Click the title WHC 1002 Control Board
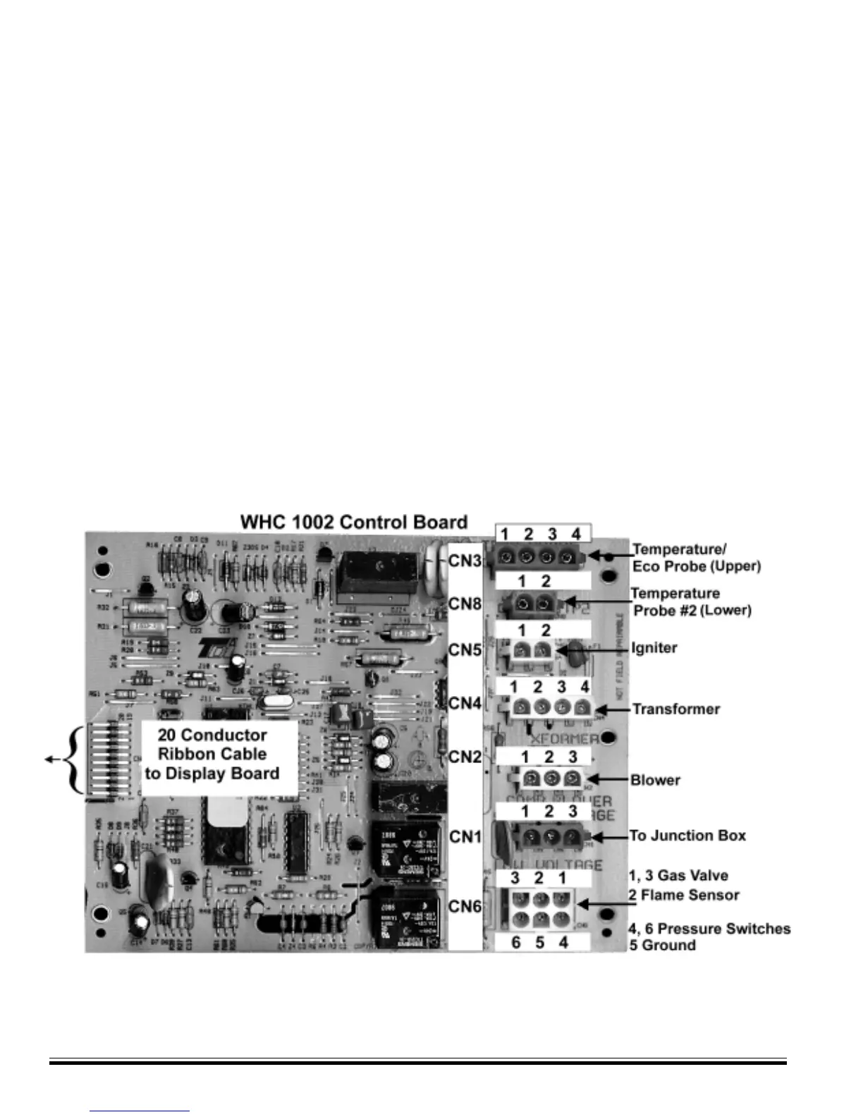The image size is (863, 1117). (354, 523)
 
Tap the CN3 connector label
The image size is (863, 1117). (465, 561)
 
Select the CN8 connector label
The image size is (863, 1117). (465, 604)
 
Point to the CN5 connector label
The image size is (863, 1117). (465, 649)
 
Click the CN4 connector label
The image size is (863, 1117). (465, 703)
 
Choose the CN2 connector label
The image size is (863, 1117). (465, 757)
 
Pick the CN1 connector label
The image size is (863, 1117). (465, 836)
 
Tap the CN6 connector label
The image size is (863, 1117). (465, 905)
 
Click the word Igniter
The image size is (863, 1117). (654, 648)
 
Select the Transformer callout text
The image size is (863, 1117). (676, 709)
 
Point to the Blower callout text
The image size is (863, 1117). (656, 780)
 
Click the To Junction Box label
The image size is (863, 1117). (688, 836)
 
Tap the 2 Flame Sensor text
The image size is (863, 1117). (684, 896)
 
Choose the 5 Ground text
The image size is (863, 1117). (662, 946)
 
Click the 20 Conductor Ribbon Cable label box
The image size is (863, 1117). (212, 755)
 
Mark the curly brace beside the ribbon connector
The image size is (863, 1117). (69, 759)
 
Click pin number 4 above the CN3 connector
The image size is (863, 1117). (576, 534)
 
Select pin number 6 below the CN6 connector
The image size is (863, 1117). (516, 943)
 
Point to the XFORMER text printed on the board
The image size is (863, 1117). (564, 739)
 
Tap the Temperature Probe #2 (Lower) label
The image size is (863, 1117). (691, 602)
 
